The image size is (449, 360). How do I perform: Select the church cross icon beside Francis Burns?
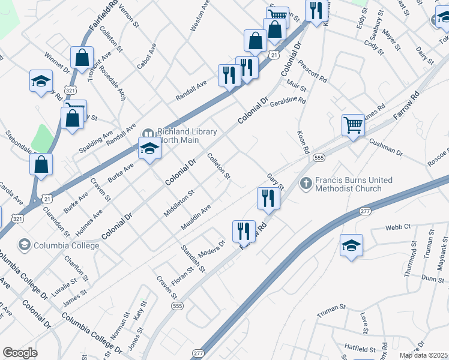[306, 182]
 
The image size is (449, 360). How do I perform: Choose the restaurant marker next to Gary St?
[268, 199]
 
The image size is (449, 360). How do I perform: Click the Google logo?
[20, 353]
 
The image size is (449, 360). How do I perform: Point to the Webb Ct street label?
[397, 227]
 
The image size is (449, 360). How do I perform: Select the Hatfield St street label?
[360, 347]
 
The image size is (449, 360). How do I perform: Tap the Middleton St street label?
[179, 203]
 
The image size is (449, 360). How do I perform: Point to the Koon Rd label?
[303, 142]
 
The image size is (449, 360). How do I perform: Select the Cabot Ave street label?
[146, 56]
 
